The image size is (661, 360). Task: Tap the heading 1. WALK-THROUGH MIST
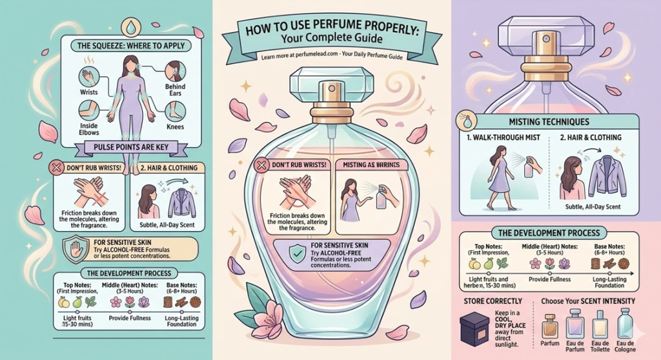[507, 137]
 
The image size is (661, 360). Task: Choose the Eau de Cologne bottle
[624, 322]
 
